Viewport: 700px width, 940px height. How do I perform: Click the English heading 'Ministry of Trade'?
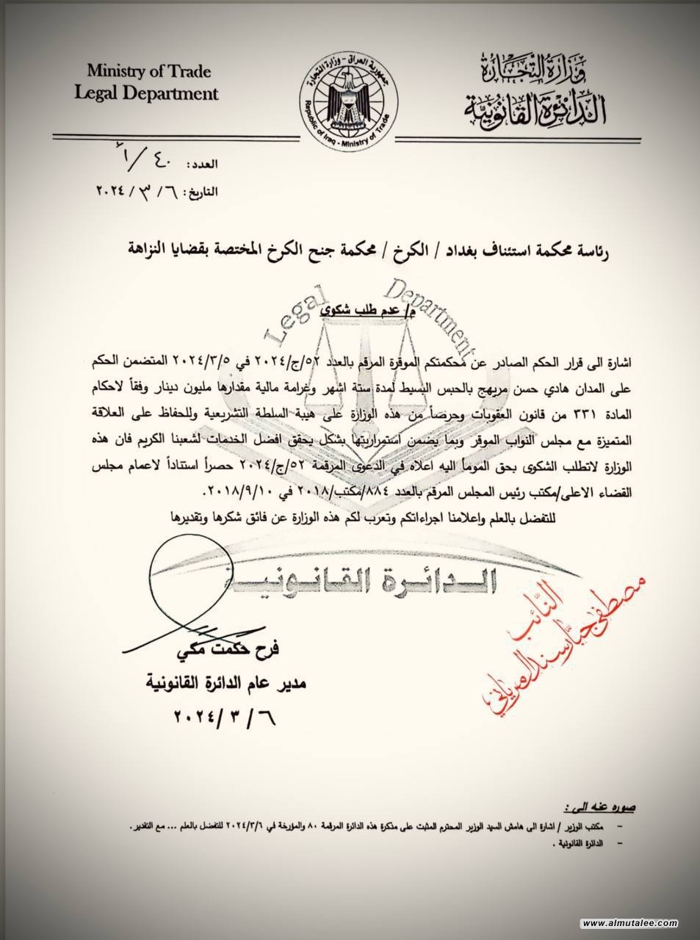tap(149, 72)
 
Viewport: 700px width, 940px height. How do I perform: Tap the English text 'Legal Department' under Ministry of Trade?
tap(153, 94)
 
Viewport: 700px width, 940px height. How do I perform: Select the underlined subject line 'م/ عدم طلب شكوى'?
tap(359, 311)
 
